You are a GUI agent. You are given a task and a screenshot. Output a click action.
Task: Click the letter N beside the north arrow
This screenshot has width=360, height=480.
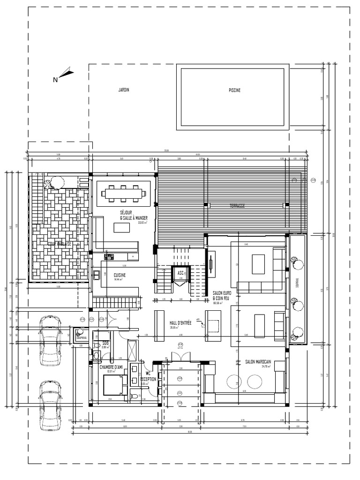pyautogui.click(x=55, y=80)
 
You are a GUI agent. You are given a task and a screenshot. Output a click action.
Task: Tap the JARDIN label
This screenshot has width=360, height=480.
pyautogui.click(x=124, y=90)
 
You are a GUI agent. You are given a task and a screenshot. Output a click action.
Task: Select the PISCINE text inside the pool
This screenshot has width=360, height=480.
pyautogui.click(x=234, y=90)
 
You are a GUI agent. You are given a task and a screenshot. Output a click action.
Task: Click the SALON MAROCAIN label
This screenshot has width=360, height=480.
pyautogui.click(x=258, y=362)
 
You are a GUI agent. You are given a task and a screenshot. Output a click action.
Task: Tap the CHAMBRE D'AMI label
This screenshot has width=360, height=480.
pyautogui.click(x=111, y=367)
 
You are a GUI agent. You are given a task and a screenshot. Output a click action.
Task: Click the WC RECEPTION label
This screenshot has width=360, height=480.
pyautogui.click(x=148, y=376)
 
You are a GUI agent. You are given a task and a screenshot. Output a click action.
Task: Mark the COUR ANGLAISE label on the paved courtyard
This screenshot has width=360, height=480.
pyautogui.click(x=59, y=244)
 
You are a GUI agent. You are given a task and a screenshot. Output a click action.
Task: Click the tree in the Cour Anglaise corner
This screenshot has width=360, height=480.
pyautogui.click(x=56, y=181)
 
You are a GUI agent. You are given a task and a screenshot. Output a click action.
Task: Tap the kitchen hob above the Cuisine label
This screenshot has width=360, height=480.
pyautogui.click(x=109, y=256)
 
